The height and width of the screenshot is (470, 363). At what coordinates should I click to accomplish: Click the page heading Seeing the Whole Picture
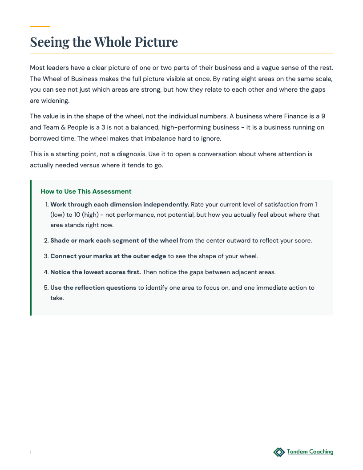(104, 42)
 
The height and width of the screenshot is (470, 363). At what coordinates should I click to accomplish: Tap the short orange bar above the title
(40, 26)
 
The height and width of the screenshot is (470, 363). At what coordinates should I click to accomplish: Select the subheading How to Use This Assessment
(86, 191)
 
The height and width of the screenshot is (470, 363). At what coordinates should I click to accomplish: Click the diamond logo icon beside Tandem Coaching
(279, 452)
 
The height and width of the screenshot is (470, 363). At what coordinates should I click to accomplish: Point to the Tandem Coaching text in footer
(310, 452)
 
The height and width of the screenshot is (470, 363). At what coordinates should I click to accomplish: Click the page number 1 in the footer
(31, 453)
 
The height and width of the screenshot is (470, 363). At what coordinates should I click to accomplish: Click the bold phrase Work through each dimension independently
(120, 204)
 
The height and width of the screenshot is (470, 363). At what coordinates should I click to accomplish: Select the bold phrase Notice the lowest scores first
(96, 272)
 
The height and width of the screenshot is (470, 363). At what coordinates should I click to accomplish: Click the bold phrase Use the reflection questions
(93, 288)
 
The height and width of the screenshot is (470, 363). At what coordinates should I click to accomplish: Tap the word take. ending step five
(57, 298)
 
